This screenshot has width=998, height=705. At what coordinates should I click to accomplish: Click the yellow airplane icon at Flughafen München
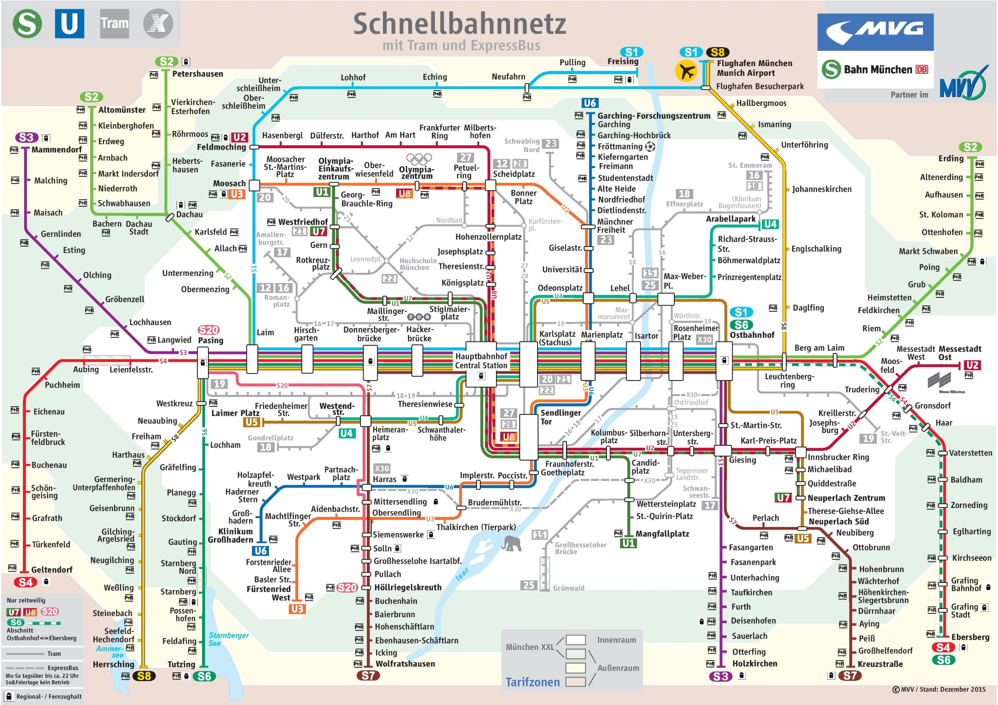coord(686,71)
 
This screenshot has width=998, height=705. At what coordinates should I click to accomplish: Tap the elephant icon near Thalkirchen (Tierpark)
coord(512,543)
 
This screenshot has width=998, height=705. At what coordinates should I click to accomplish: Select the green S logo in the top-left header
coord(27,23)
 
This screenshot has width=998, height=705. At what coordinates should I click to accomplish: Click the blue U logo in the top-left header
coord(69,23)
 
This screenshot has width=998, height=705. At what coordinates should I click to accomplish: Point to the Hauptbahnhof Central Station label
coord(481,361)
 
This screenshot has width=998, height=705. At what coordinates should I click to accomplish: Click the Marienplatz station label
coord(602,335)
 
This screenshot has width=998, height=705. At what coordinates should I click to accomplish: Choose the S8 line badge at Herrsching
coord(144,676)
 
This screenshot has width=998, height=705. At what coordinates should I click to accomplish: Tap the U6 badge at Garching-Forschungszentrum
coord(589,103)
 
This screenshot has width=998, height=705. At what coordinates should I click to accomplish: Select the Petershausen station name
coord(197,74)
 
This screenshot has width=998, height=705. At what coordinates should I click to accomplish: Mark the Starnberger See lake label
coord(228,639)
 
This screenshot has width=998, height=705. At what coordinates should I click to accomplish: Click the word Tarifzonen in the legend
coord(532,682)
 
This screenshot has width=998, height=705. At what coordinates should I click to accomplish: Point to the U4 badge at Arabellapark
coord(770,224)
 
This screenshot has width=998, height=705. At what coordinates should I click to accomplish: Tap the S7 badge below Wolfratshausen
coord(368,675)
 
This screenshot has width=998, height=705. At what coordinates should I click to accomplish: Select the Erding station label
coord(951,158)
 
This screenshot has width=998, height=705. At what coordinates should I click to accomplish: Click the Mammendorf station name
coord(56,150)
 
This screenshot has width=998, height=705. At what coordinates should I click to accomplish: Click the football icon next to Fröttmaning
coord(650,147)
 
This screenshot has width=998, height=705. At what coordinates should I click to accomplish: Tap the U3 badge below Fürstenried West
coord(297,609)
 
